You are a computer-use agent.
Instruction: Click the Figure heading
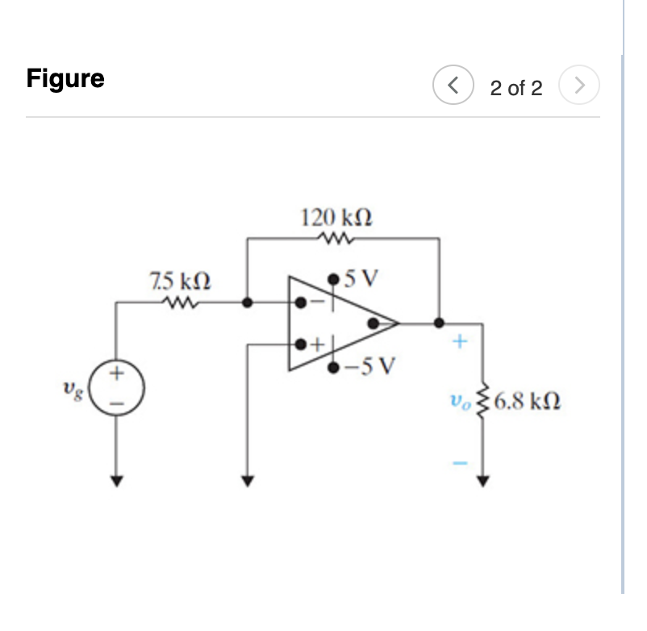pos(65,79)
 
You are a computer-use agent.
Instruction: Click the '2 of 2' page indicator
pos(516,88)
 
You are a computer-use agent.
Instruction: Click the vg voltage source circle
pos(118,386)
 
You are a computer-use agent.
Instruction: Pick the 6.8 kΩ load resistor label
pos(527,400)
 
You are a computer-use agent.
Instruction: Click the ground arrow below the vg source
pos(118,481)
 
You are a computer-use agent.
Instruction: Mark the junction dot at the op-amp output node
pos(439,323)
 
